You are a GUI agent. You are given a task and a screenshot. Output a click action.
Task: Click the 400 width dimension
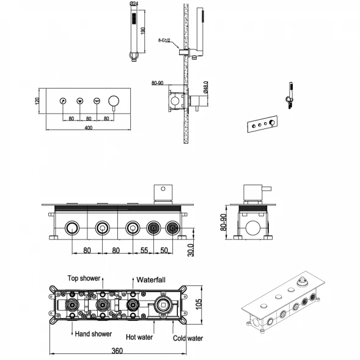pos(89,128)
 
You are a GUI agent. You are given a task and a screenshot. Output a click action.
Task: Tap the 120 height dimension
pos(37,101)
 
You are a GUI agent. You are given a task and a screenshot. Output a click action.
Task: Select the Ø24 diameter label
pos(134,4)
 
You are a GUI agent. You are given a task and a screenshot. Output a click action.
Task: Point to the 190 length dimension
pos(143,31)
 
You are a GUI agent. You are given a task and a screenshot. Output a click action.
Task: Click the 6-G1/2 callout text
pos(164,40)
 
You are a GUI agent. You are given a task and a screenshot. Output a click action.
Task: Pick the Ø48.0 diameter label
pos(206,87)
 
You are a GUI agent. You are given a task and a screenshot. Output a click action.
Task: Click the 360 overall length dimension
pos(117,351)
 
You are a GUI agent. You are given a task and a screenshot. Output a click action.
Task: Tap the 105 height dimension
pos(199,304)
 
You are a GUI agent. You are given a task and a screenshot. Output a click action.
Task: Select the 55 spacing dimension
pos(144,250)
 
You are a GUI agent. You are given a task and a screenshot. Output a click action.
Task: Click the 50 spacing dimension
pos(164,250)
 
